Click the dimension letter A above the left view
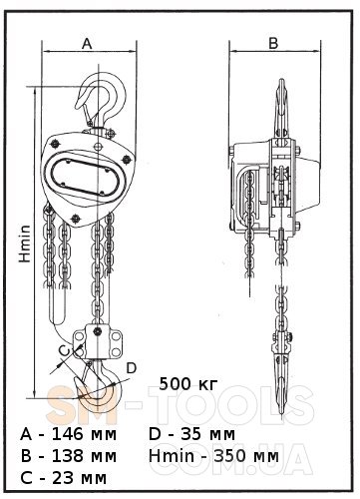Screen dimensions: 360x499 (x=87, y=44)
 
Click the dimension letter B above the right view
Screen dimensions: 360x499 (x=273, y=43)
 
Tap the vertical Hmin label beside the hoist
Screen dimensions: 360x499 (x=25, y=244)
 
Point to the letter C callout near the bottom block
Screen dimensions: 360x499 (x=64, y=350)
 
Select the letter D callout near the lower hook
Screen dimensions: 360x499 (x=132, y=368)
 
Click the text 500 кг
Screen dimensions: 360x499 (x=188, y=384)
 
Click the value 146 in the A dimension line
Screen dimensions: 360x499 (x=68, y=434)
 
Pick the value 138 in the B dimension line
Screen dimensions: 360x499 (x=68, y=456)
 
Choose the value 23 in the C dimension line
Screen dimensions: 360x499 (x=63, y=478)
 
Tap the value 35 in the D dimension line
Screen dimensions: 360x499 (x=191, y=434)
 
